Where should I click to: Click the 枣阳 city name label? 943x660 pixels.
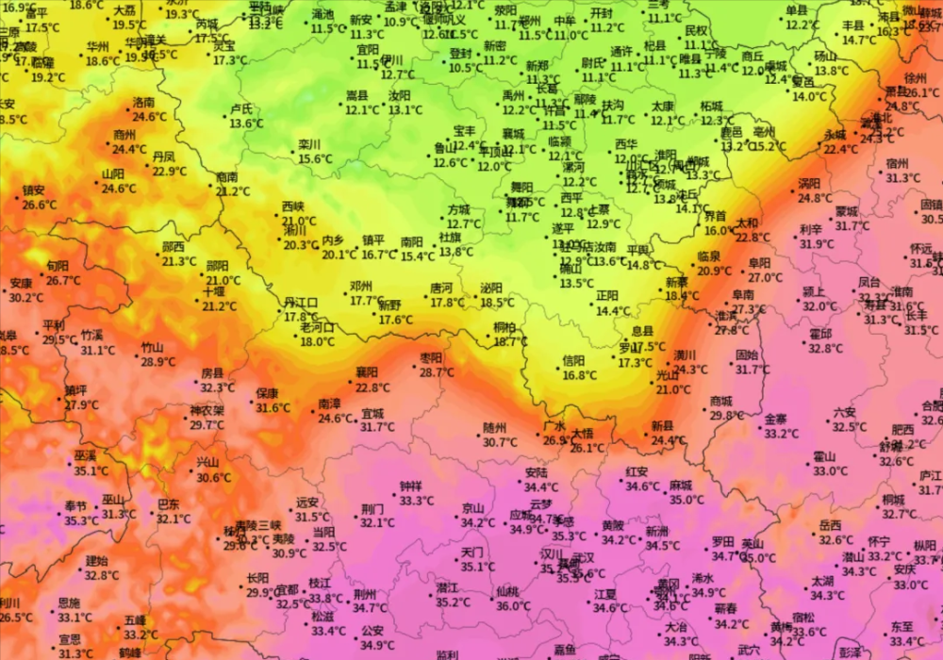pos(431,358)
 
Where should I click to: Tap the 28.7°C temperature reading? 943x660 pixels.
pos(437,373)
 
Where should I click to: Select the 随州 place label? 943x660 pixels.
pos(495,427)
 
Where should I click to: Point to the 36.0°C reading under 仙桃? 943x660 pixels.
pos(513,606)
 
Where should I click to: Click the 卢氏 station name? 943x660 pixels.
pos(241,108)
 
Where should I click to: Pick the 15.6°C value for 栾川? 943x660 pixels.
pos(315,158)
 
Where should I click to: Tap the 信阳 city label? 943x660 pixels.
pos(574,360)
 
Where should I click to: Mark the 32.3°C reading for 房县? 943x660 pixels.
pos(217,388)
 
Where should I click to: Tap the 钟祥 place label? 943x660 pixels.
pos(411,487)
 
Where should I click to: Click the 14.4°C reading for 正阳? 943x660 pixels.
pos(613,310)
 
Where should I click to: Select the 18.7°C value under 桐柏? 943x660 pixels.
pos(510,341)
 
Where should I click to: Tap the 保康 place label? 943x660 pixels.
pos(267,393)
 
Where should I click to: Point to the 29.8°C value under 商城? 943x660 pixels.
pos(726,416)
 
